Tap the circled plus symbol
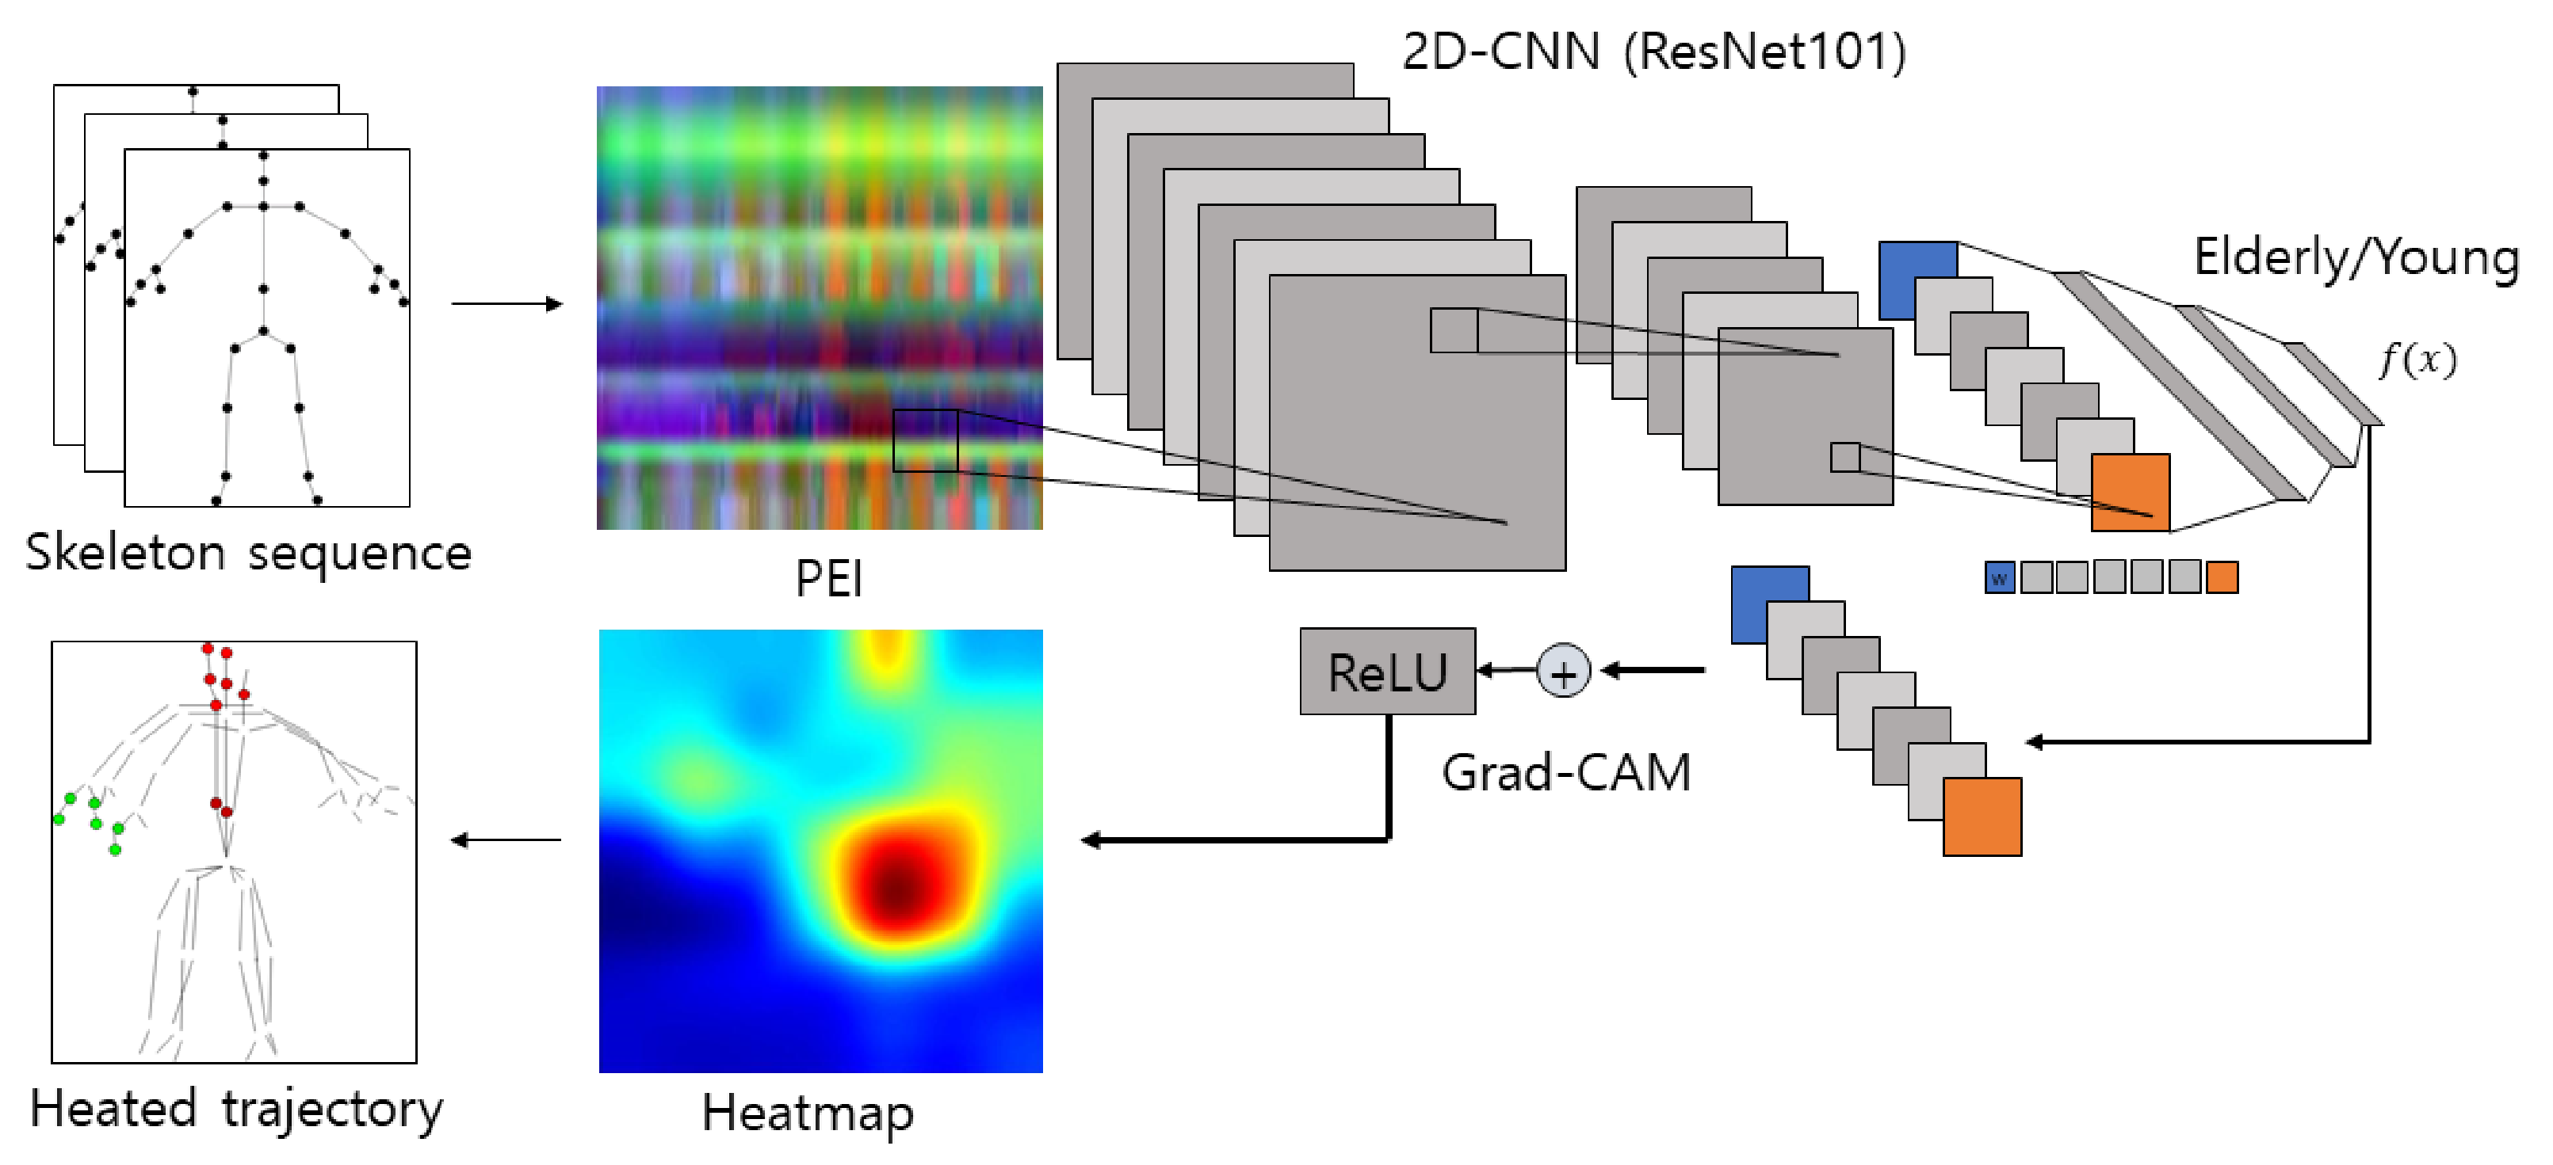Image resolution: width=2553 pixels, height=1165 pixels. pos(1563,672)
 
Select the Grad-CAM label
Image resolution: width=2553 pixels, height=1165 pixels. pos(1566,773)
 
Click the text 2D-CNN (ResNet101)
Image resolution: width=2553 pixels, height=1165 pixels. pos(1653,51)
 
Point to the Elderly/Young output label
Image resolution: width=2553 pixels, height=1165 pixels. pos(2356,257)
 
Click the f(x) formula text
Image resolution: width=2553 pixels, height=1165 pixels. pos(2418,359)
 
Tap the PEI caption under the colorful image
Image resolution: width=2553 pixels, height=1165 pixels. pos(828,577)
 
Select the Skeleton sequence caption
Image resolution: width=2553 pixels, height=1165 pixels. pos(248,553)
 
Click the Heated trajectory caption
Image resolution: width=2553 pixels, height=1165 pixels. pos(236,1109)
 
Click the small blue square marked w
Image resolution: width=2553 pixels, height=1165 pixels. pos(1999,577)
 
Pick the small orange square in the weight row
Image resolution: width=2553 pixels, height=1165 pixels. pos(2222,577)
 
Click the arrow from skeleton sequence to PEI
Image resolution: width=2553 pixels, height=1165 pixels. pos(506,303)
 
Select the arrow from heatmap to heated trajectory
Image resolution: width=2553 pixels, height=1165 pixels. pos(506,840)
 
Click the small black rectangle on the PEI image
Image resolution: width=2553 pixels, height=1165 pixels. pos(925,441)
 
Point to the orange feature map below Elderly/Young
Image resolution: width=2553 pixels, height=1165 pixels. pos(2130,493)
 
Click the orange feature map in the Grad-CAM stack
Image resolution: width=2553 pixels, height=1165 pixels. pos(1982,817)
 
